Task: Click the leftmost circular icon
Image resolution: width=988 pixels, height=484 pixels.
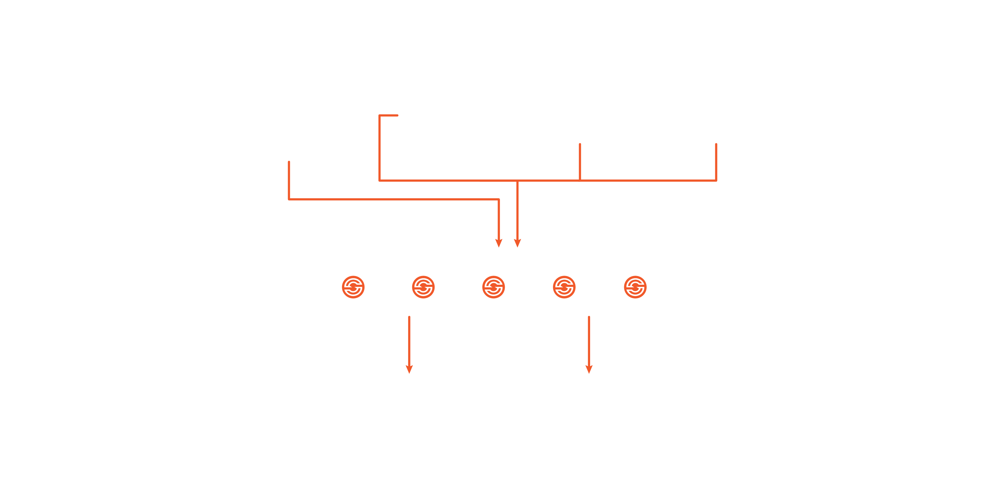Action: click(353, 287)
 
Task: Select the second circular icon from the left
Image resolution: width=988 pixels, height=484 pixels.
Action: click(423, 287)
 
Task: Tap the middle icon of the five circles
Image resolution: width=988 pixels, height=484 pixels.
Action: click(493, 287)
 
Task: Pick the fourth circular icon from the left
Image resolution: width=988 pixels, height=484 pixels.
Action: click(564, 287)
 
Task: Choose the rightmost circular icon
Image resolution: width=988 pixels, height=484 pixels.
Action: click(635, 287)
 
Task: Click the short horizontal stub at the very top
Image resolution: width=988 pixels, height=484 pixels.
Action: click(389, 115)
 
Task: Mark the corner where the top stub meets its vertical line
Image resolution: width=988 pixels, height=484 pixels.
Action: click(380, 115)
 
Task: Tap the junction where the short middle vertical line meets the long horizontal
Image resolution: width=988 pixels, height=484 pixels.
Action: click(580, 180)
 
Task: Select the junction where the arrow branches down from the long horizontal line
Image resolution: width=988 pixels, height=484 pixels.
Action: click(517, 180)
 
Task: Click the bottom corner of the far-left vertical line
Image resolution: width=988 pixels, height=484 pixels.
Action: click(289, 199)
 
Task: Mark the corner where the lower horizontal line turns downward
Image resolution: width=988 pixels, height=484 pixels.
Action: click(498, 199)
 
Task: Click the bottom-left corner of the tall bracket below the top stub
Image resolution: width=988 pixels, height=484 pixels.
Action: click(380, 180)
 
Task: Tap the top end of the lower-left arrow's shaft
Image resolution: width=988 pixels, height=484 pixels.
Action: click(409, 317)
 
